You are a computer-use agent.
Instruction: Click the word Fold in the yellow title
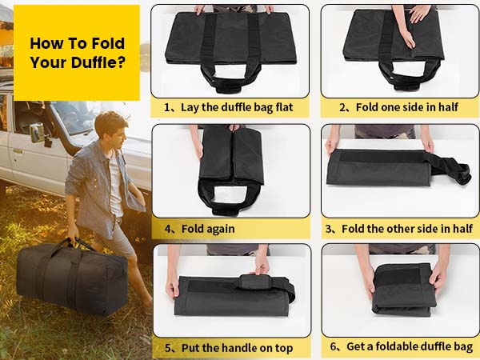(x=108, y=43)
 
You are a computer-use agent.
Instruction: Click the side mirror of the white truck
(x=38, y=133)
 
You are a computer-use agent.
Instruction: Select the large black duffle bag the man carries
(x=72, y=278)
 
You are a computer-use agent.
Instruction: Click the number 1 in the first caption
(x=167, y=107)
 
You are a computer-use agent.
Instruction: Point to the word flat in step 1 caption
(x=285, y=107)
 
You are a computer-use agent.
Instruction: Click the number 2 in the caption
(x=342, y=107)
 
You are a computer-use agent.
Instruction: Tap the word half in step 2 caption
(x=448, y=107)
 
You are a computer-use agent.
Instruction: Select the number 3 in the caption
(x=329, y=229)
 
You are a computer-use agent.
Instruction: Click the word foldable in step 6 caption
(x=397, y=346)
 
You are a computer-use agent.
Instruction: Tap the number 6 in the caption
(x=333, y=346)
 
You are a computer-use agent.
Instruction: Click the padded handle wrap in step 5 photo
(x=254, y=282)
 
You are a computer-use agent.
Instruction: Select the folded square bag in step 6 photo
(x=403, y=290)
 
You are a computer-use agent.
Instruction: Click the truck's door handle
(x=17, y=151)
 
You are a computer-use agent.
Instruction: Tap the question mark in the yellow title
(x=122, y=62)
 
